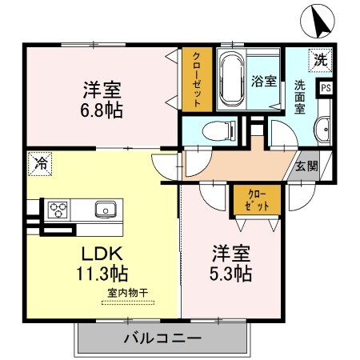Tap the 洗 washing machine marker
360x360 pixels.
[x=320, y=59]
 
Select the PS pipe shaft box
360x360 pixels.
[x=326, y=89]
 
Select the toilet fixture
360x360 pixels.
[x=218, y=130]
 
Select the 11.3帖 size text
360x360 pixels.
[x=101, y=274]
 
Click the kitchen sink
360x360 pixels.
[x=104, y=210]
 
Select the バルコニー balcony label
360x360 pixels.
[x=162, y=338]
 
